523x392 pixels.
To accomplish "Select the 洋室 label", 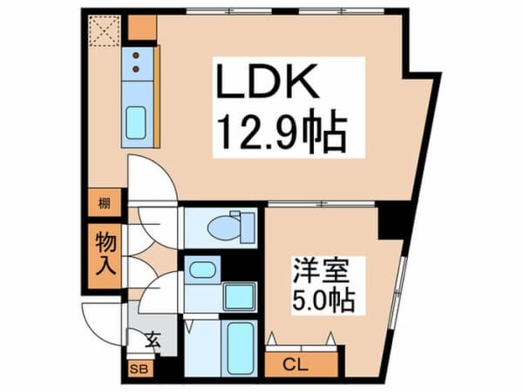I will click(309, 269).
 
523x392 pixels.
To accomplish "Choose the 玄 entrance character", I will click(153, 340).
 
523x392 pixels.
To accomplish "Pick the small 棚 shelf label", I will click(104, 205).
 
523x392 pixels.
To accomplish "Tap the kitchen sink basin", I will click(138, 123).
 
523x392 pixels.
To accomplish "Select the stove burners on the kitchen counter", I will click(139, 61).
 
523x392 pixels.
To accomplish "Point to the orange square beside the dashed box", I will click(140, 28).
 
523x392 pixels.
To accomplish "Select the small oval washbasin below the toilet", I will click(202, 268).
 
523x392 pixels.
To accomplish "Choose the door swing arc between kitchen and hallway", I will click(153, 179).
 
